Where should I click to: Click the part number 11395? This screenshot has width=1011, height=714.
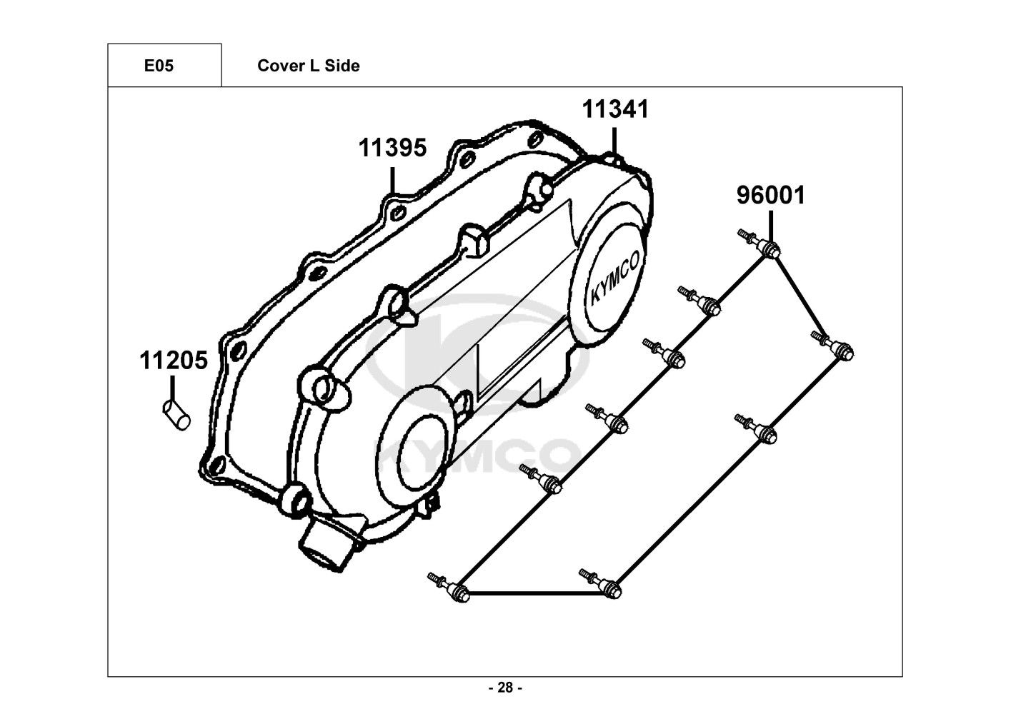point(392,149)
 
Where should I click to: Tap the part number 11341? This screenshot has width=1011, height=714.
point(615,110)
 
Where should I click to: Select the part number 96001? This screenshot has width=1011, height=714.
point(771,195)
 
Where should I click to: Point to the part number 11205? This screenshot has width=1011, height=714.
point(173,361)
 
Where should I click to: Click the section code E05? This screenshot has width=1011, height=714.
point(159,66)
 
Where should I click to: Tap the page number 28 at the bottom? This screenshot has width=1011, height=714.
point(505,688)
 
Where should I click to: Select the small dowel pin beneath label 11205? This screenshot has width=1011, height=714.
point(176,415)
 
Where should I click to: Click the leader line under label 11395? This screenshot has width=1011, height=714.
point(392,178)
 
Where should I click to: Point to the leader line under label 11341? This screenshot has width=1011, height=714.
point(614,139)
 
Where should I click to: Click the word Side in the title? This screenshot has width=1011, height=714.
point(344,66)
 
